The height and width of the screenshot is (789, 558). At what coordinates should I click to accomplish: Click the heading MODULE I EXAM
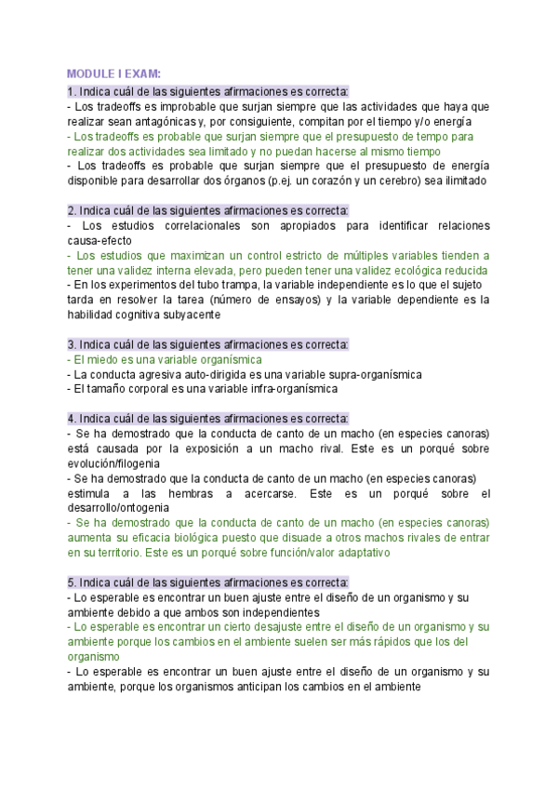[x=113, y=74]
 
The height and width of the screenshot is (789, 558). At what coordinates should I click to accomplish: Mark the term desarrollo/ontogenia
[x=118, y=508]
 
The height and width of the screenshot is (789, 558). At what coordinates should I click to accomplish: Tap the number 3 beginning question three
[x=71, y=344]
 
